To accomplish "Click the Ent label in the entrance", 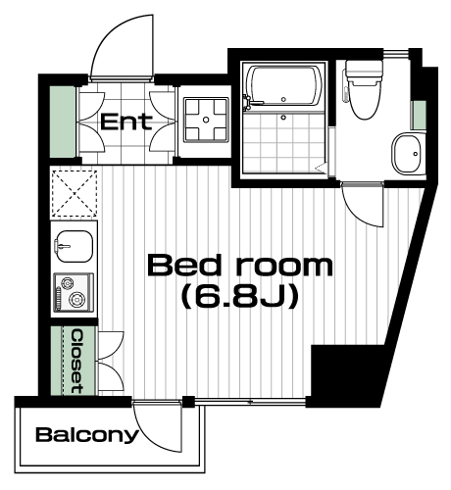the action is pos(126,122).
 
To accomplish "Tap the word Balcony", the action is pos(87,435).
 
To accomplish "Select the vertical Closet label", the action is pos(77,362).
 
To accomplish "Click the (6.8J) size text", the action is pos(240,296).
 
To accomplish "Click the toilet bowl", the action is pos(365,99).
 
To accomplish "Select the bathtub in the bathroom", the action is pos(283,85).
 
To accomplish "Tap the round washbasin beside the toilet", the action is pos(408,154).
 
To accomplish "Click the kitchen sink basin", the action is pos(74,246).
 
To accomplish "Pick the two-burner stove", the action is pos(74,292).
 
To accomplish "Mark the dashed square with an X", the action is pos(75,193).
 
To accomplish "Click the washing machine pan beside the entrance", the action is pos(206,120).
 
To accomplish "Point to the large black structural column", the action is pos(346,375).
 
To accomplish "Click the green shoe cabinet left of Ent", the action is pos(63,122).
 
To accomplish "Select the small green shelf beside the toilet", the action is pos(419,115).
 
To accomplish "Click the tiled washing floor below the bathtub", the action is pos(283,142).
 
